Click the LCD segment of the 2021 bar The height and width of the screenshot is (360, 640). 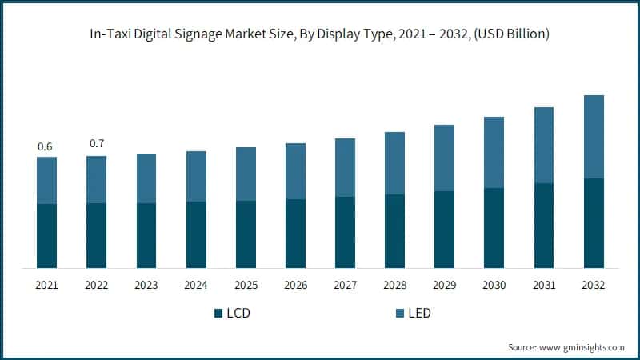coord(46,236)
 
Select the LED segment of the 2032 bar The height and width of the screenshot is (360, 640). coord(593,137)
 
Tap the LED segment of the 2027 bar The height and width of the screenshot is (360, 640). coord(345,167)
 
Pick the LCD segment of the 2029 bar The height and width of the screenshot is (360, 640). coord(444,230)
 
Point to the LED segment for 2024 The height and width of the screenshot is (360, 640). coord(196,176)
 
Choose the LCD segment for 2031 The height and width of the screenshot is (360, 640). coord(543,226)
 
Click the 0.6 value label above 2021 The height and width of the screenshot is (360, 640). coord(46,146)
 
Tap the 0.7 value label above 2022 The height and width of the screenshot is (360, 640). coord(96,143)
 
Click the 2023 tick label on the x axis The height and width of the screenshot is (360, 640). coord(146,286)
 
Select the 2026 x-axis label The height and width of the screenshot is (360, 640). coord(295,286)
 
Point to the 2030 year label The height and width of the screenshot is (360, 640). coord(494,286)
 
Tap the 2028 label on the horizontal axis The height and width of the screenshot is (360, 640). coord(394,286)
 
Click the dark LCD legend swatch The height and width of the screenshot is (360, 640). coord(218,313)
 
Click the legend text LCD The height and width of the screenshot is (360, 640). coord(238,313)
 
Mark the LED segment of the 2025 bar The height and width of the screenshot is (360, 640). coord(246,174)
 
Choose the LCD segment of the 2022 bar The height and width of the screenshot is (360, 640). coord(96,235)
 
